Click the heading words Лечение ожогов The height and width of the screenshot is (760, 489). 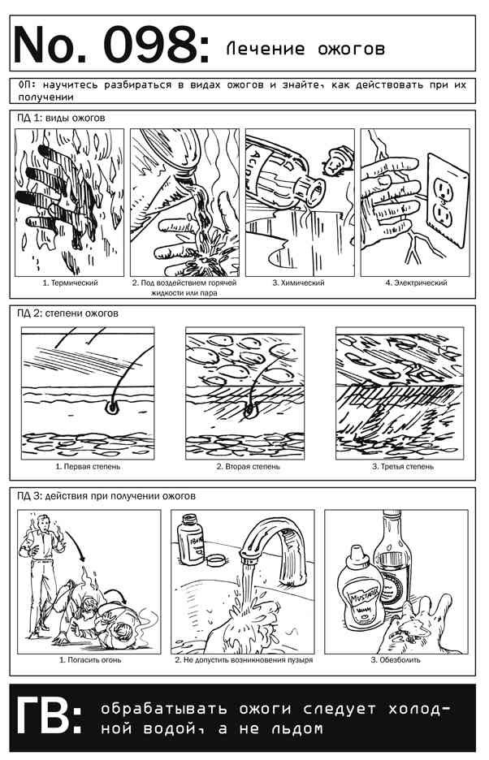[305, 49]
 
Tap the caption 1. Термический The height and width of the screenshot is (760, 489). [71, 283]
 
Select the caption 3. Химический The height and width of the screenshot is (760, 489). [298, 283]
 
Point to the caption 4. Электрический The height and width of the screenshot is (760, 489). [416, 283]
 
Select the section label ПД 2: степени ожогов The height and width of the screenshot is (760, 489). [67, 313]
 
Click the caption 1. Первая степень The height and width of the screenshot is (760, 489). [88, 466]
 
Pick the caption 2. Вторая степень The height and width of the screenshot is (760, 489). [248, 466]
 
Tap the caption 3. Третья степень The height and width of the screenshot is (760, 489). [403, 466]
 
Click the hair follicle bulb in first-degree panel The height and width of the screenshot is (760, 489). [112, 408]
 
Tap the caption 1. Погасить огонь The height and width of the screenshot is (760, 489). [90, 659]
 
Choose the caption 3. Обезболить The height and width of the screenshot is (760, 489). [396, 659]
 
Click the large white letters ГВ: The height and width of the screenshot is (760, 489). [49, 716]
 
